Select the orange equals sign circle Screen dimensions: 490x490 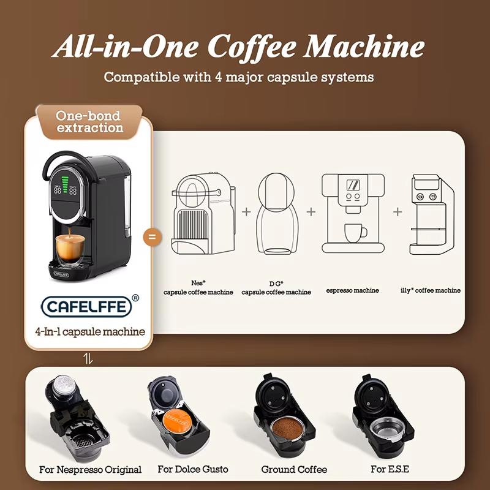tap(152, 237)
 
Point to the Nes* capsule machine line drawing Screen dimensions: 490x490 tap(202, 214)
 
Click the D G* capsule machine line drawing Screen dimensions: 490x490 tap(278, 214)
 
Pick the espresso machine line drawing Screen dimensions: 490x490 tap(352, 213)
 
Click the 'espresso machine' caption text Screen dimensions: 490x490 tap(352, 290)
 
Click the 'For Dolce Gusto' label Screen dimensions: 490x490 tap(193, 469)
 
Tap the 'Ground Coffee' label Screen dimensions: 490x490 tap(294, 469)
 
